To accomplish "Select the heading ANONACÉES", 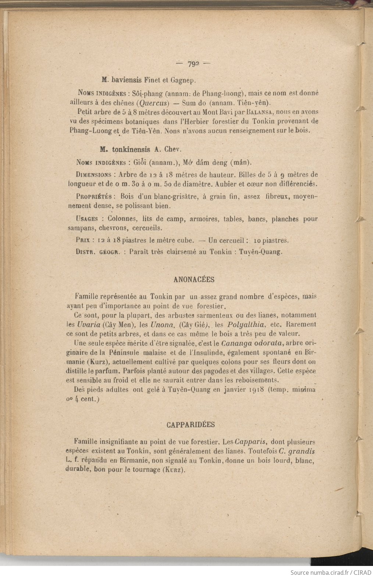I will click(x=193, y=280).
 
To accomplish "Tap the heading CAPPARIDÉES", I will click(x=191, y=424).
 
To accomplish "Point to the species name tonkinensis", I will click(x=131, y=150).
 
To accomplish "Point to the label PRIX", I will click(x=83, y=241).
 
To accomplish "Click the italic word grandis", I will click(x=302, y=451).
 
